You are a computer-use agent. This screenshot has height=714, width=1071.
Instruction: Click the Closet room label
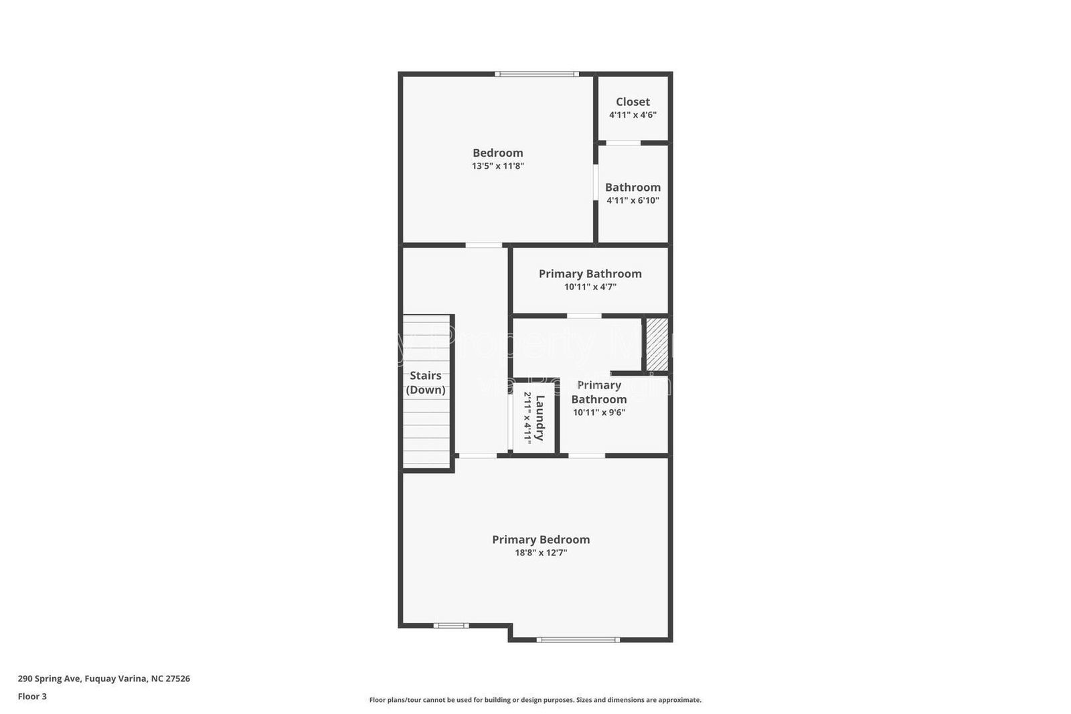tap(633, 102)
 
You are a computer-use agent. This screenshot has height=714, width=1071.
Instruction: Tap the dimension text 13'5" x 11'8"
tap(497, 166)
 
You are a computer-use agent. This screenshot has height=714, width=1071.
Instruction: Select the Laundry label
tap(540, 417)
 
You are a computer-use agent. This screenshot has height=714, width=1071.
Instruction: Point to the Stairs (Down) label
tap(426, 382)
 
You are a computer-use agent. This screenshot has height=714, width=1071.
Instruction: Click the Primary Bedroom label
tap(541, 539)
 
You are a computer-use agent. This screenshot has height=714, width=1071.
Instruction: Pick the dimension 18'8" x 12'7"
tap(541, 553)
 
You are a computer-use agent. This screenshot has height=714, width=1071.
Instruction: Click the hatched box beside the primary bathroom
tap(657, 344)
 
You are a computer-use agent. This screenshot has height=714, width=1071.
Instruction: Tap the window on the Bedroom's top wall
tap(537, 74)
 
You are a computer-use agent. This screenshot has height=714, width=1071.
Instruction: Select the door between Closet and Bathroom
tap(623, 143)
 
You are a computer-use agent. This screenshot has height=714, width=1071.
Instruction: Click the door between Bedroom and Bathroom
tap(595, 182)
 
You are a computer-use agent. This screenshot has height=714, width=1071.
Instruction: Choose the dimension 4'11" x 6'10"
tap(633, 200)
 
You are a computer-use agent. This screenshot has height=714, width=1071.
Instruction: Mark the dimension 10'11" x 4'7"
tap(590, 287)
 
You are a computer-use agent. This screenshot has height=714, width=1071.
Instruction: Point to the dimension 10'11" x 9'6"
tap(598, 413)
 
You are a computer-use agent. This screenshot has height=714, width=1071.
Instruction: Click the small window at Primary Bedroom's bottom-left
tap(450, 626)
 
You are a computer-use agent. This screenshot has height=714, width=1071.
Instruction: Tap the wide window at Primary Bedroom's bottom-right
tap(578, 640)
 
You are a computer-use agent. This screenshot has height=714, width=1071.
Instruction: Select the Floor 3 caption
tap(32, 697)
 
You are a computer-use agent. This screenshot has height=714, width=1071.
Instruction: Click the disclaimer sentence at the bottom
tap(535, 700)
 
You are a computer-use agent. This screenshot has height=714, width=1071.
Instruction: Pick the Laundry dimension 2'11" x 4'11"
tap(527, 417)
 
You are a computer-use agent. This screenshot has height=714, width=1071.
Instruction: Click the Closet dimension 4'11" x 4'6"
tap(633, 115)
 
